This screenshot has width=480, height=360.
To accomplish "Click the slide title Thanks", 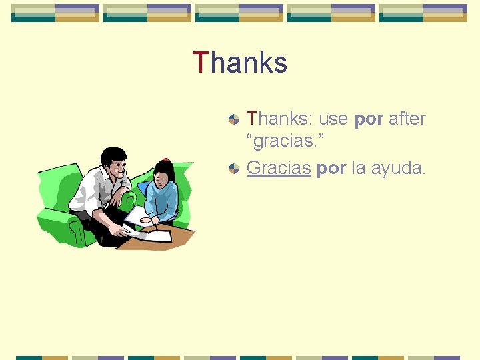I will coord(240,63).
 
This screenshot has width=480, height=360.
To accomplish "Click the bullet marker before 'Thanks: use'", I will coord(233,120).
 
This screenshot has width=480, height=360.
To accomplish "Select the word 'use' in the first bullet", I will coord(333,119).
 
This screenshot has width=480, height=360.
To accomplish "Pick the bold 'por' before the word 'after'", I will coord(369,120).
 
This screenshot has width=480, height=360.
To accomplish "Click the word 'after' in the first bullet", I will coord(407,119).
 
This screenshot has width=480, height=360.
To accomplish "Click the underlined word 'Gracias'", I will coord(279,169).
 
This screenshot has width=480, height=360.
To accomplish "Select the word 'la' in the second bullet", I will coord(358,169).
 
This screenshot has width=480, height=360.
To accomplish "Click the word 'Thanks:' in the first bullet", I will coord(280,119).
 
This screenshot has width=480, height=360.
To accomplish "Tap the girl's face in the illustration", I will coord(162,179).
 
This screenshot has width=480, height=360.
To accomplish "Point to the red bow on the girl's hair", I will coord(165,161).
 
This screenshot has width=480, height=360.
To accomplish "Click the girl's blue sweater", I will coord(161,200).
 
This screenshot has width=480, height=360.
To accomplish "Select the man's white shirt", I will coord(93,190).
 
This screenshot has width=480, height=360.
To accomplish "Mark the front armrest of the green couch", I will coord(57,219).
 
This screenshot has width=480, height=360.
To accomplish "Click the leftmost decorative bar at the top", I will coord(55,13).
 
